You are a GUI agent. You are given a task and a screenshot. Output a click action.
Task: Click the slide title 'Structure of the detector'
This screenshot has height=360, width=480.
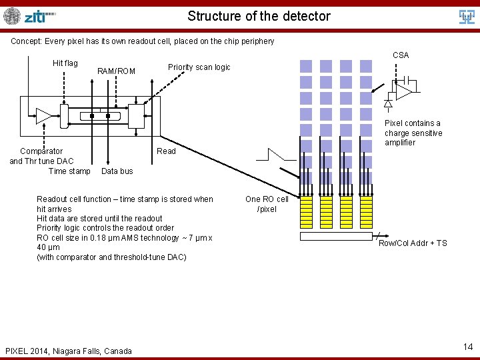click(259, 16)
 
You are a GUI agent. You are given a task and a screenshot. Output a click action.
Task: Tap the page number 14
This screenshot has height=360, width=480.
click(467, 347)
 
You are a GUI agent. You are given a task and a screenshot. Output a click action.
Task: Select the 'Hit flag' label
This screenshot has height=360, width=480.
click(65, 63)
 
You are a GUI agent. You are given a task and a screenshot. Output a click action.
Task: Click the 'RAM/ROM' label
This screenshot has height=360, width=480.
click(116, 71)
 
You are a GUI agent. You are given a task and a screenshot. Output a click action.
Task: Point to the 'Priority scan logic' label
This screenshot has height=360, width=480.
click(199, 67)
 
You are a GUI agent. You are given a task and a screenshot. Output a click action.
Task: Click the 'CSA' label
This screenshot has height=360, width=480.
click(401, 55)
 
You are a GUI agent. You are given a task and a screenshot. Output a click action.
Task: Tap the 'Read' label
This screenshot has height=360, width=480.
click(166, 151)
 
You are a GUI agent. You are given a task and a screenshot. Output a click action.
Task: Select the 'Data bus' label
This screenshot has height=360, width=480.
click(117, 171)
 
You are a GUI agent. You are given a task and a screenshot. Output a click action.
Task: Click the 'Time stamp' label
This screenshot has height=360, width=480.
click(69, 171)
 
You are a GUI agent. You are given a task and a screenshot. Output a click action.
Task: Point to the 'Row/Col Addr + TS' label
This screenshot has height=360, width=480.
click(413, 243)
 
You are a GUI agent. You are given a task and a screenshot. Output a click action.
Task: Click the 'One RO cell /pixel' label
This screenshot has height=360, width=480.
click(267, 204)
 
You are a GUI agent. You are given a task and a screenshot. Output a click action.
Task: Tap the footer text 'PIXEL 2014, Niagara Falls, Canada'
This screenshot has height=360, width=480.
click(68, 351)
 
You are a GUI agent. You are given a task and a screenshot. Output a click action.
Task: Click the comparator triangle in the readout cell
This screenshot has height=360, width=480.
click(43, 115)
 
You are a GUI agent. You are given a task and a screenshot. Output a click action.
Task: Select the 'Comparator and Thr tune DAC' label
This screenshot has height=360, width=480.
click(41, 156)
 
